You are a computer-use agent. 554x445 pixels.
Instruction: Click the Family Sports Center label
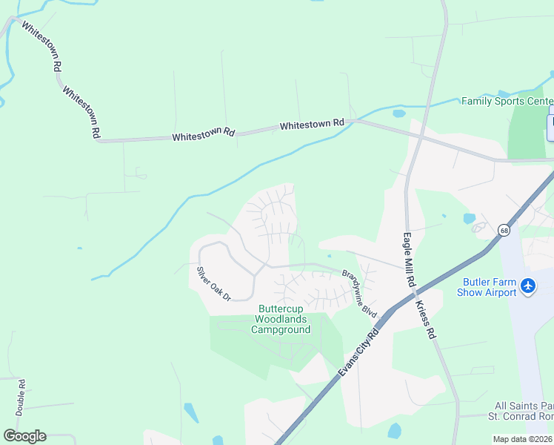[x=507, y=101]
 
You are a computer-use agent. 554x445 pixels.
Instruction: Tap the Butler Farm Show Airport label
[x=490, y=287]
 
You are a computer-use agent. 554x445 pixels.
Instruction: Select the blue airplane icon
[x=528, y=286]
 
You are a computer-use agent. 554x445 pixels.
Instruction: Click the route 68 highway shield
[x=504, y=230]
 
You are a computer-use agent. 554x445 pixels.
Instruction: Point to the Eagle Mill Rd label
[x=407, y=260]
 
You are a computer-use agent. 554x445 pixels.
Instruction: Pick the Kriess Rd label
[x=425, y=320]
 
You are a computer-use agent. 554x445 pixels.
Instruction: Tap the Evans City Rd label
[x=358, y=353]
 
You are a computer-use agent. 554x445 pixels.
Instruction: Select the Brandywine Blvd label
[x=360, y=294]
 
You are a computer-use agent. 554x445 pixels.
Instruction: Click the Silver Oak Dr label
[x=214, y=283]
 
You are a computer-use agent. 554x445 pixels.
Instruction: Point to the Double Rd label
[x=21, y=397]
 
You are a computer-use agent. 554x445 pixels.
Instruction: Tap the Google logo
[x=24, y=435]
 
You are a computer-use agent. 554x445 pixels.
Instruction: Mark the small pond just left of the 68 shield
[x=469, y=219]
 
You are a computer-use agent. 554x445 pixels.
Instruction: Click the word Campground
[x=281, y=329]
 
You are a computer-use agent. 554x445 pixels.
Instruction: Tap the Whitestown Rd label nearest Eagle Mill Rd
[x=312, y=125]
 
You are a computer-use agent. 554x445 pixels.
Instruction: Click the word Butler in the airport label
[x=478, y=282]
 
